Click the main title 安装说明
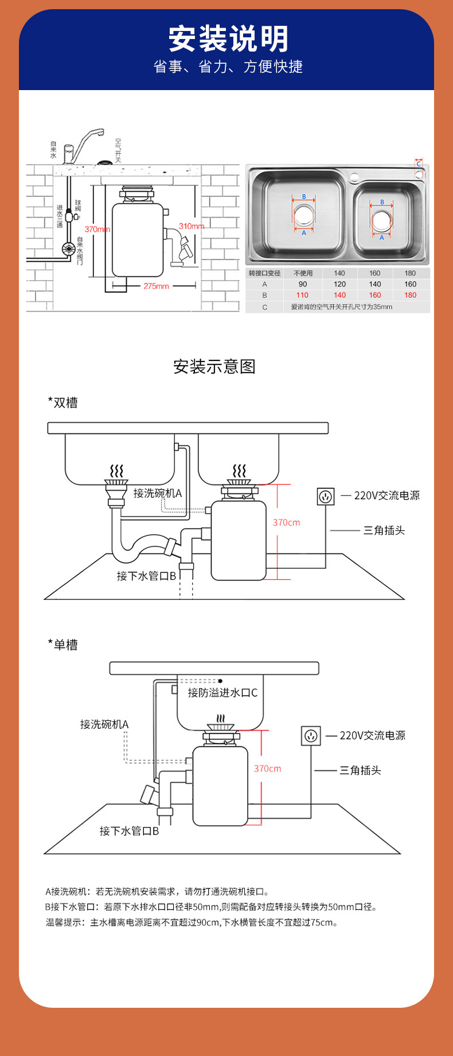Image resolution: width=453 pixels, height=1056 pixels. [228, 39]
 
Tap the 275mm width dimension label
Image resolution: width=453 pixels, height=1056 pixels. [156, 286]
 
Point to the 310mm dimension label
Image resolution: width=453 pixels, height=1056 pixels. [192, 226]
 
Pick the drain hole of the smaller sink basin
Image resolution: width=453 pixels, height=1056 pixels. [381, 220]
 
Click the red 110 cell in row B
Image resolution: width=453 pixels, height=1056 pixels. [302, 295]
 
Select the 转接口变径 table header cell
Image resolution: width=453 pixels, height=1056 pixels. [264, 273]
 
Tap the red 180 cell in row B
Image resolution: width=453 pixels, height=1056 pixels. [410, 295]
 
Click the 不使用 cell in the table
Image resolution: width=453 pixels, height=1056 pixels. [303, 273]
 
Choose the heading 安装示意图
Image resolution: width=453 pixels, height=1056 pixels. [214, 367]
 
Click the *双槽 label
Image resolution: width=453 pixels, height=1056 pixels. [63, 403]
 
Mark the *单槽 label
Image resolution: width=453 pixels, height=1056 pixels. [63, 645]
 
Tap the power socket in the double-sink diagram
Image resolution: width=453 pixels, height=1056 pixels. [326, 496]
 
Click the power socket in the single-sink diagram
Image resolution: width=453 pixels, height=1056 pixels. [311, 736]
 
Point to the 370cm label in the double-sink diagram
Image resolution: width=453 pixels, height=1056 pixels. [286, 522]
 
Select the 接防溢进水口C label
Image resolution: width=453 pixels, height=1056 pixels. [222, 693]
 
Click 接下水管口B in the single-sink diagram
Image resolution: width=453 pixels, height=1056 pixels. [129, 830]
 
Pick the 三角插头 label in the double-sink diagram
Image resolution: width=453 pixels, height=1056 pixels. [384, 530]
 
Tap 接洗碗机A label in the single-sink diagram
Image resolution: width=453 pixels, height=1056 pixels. [104, 724]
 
